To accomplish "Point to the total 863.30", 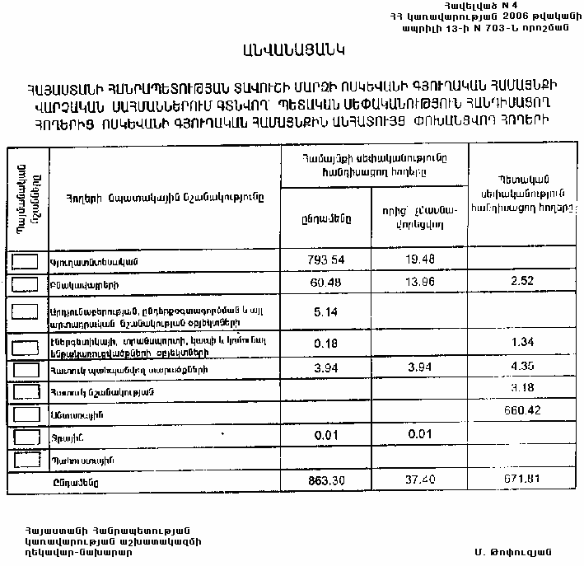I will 325,479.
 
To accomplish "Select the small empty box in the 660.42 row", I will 27,414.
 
